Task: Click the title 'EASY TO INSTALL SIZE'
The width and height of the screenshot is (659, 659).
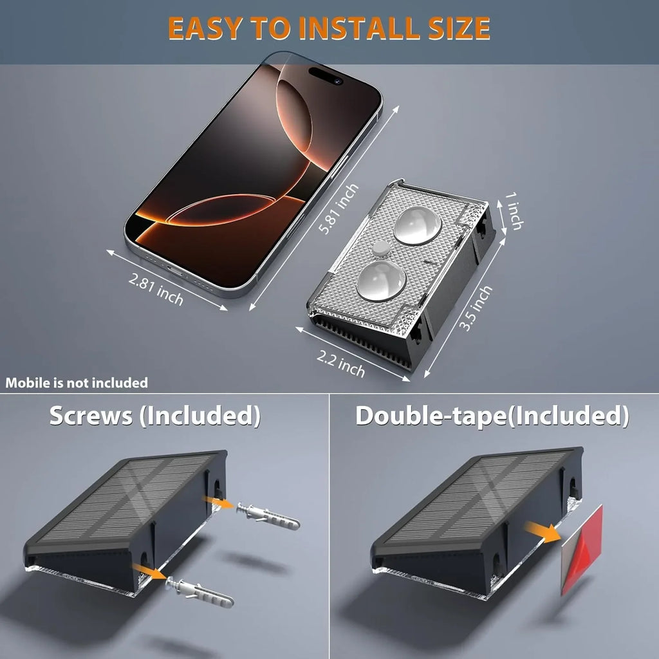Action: (329, 28)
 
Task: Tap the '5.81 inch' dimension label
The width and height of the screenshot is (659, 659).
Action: (339, 209)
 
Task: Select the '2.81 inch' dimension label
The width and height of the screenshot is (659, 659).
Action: (156, 289)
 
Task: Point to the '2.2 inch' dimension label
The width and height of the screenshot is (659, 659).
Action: (340, 364)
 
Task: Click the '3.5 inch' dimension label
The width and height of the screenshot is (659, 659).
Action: (475, 308)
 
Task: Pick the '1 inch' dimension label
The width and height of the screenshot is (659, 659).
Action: (514, 211)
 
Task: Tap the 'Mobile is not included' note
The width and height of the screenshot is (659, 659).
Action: (77, 383)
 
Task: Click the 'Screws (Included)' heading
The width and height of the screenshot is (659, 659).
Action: (155, 416)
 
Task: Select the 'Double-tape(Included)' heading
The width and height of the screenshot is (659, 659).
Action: (492, 416)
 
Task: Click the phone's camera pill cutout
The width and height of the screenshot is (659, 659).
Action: (326, 76)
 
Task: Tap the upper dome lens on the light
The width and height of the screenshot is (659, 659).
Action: (417, 225)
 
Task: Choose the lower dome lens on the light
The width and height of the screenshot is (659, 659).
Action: (382, 281)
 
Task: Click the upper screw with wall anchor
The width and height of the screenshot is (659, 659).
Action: (268, 515)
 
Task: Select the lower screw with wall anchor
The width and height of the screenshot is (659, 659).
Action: (200, 592)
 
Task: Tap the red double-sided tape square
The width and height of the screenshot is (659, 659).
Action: (582, 550)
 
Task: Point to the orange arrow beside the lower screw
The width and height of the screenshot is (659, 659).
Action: (149, 571)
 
